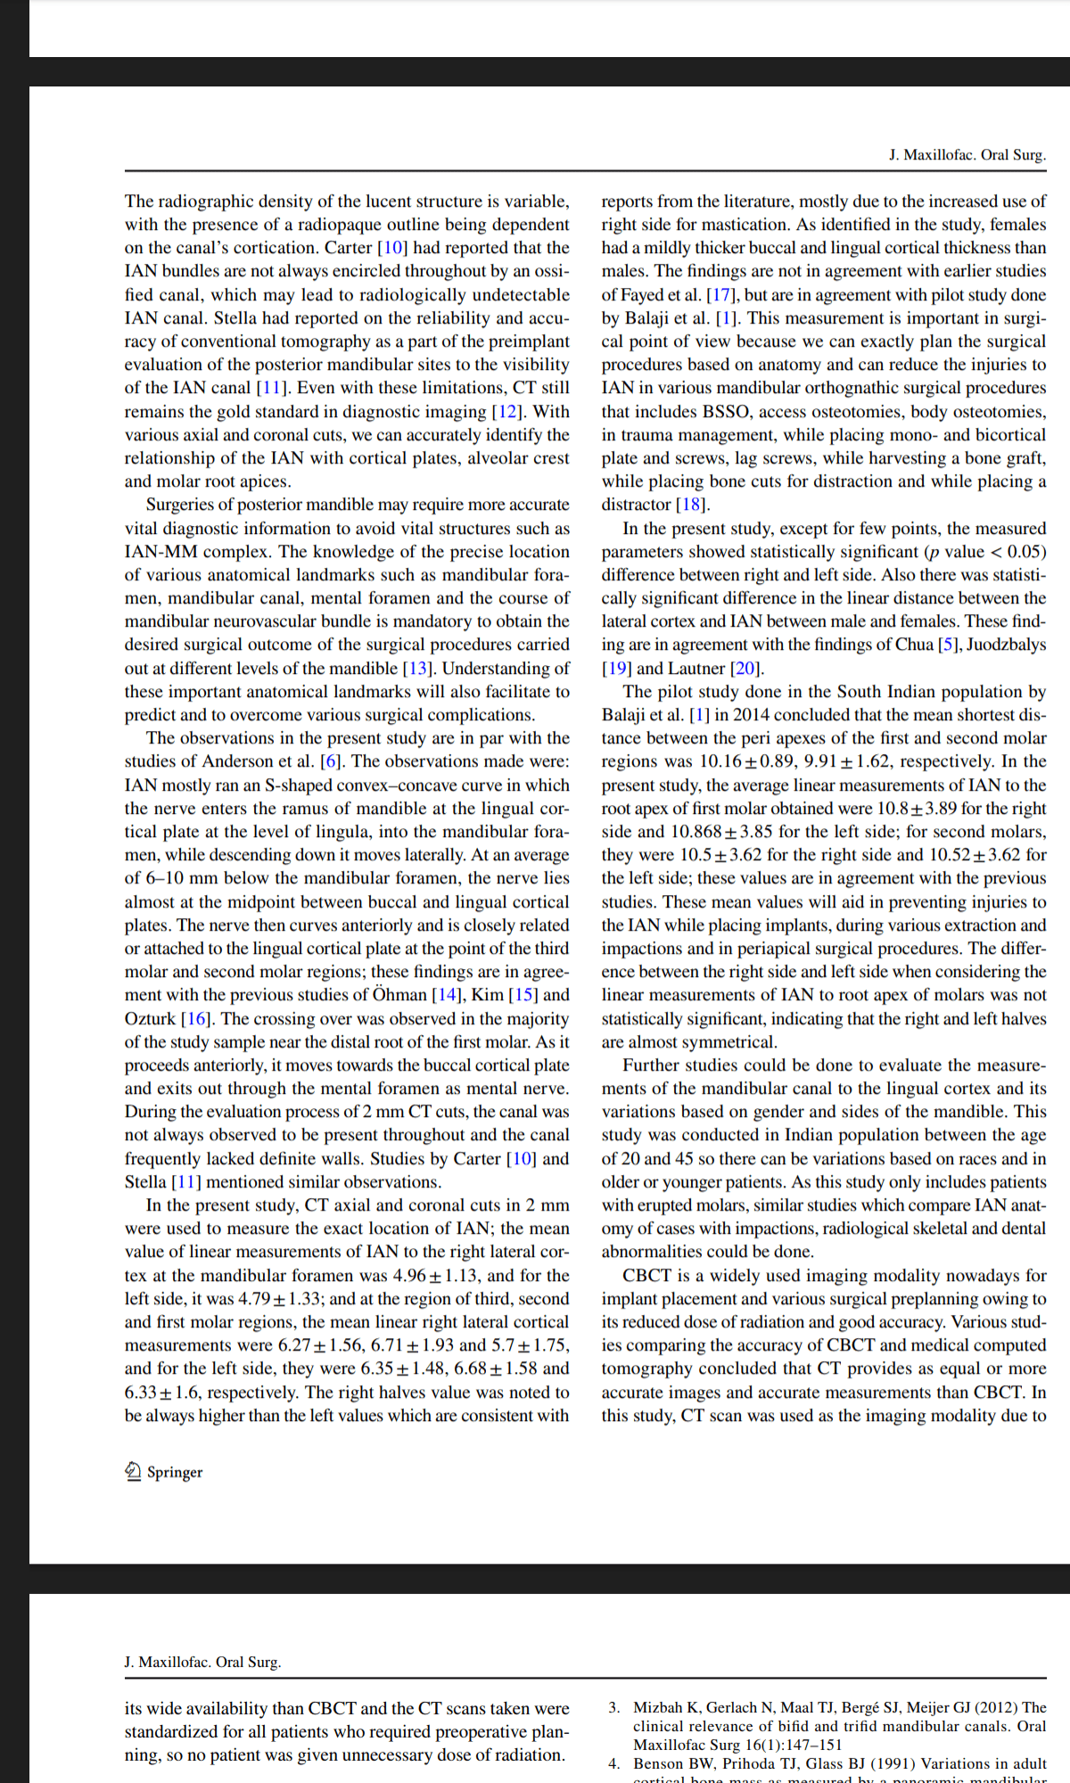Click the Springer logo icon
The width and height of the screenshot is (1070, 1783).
pyautogui.click(x=133, y=1471)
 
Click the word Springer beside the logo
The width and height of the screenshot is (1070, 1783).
pyautogui.click(x=175, y=1472)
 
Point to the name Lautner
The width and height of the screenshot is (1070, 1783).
pyautogui.click(x=696, y=669)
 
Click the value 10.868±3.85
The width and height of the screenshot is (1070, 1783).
pyautogui.click(x=721, y=832)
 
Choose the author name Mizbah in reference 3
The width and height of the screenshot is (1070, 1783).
pyautogui.click(x=658, y=1707)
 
